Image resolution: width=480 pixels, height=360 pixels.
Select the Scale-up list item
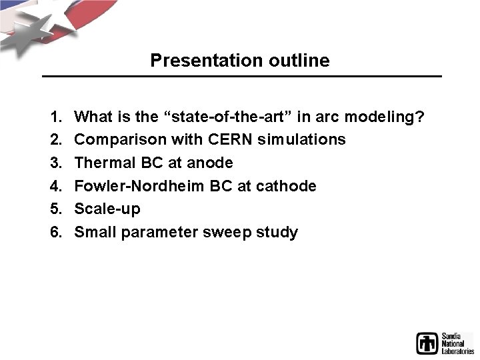(107, 209)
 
